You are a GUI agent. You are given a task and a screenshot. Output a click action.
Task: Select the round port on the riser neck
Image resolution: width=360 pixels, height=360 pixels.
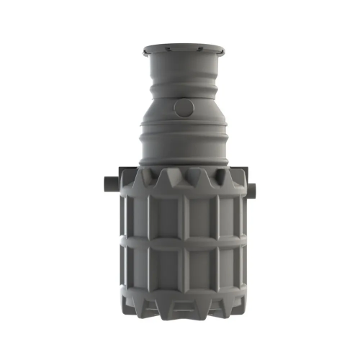click(x=184, y=108)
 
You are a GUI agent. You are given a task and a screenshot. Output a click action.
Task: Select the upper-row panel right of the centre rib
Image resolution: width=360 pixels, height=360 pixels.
click(x=203, y=216)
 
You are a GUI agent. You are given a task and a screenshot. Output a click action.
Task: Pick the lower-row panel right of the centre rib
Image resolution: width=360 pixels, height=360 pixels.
click(x=203, y=269)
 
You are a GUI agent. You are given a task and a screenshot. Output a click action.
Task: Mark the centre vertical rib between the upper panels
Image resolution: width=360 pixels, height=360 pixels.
click(x=183, y=216)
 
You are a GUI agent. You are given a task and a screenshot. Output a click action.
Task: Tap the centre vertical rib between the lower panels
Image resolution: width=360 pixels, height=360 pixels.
click(x=183, y=269)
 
